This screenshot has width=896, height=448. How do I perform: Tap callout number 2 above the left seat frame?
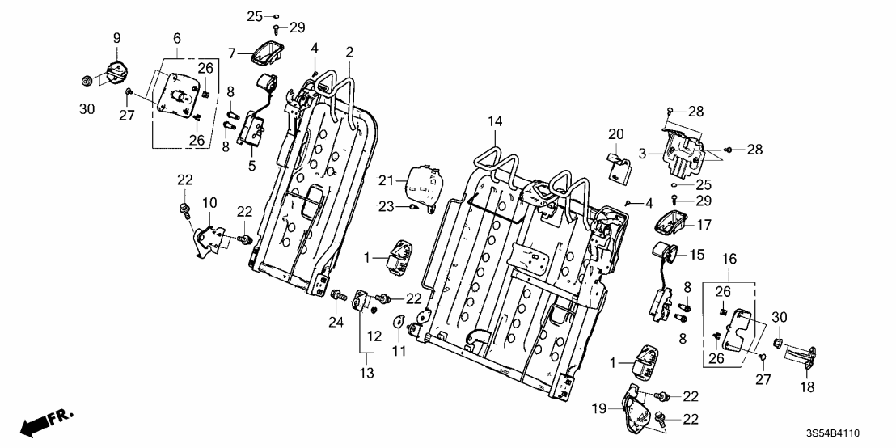(349, 53)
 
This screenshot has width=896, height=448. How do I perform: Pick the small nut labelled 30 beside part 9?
(86, 81)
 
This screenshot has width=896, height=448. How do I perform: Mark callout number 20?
(617, 133)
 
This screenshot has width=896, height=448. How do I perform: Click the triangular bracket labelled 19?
(636, 412)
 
